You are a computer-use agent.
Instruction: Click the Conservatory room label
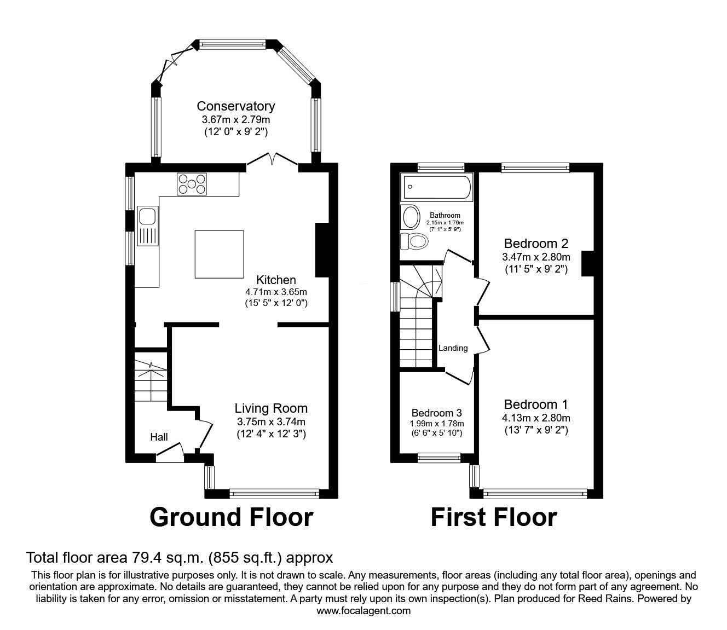[235, 106]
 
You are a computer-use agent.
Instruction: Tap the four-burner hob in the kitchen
[192, 184]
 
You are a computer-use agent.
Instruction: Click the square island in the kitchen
[220, 254]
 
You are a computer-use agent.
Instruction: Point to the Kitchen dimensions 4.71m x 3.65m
[276, 291]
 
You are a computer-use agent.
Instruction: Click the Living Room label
[271, 408]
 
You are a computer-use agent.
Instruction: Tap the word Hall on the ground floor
[159, 437]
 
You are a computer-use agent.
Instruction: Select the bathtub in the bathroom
[436, 188]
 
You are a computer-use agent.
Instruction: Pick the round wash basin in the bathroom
[410, 217]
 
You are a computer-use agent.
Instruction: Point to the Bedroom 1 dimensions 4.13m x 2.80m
[536, 418]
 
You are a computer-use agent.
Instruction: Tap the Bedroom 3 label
[437, 413]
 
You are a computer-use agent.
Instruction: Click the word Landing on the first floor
[453, 348]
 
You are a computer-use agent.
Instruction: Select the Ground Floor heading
[231, 517]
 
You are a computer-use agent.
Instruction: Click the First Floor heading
[493, 517]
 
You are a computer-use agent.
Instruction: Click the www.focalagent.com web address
[363, 611]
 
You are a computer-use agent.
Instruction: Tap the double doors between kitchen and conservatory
[272, 160]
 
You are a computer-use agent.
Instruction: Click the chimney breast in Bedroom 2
[588, 263]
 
